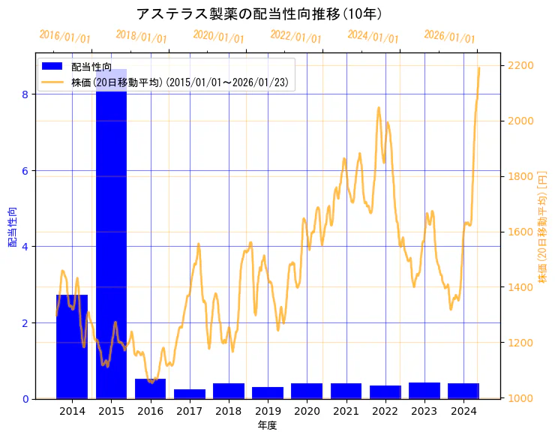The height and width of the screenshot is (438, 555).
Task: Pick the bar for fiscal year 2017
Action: tap(190, 394)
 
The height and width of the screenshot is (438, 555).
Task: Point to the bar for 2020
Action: tap(307, 391)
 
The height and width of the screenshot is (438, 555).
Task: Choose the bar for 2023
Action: tap(424, 390)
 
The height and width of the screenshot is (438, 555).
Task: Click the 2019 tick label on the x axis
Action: tap(268, 411)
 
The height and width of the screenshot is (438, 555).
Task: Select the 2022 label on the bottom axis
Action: tap(385, 411)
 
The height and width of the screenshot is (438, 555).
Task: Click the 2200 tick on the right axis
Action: tap(520, 66)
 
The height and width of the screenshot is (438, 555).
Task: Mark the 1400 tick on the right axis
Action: tap(520, 288)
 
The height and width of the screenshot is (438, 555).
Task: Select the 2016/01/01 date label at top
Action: tap(64, 37)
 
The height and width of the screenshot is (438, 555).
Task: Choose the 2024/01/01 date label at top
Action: tap(373, 37)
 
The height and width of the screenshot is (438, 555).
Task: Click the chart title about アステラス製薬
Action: tap(259, 13)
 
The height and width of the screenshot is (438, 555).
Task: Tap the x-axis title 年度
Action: tap(268, 425)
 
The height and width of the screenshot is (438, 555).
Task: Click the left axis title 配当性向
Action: tap(11, 226)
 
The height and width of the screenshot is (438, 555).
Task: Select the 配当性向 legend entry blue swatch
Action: tap(53, 67)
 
